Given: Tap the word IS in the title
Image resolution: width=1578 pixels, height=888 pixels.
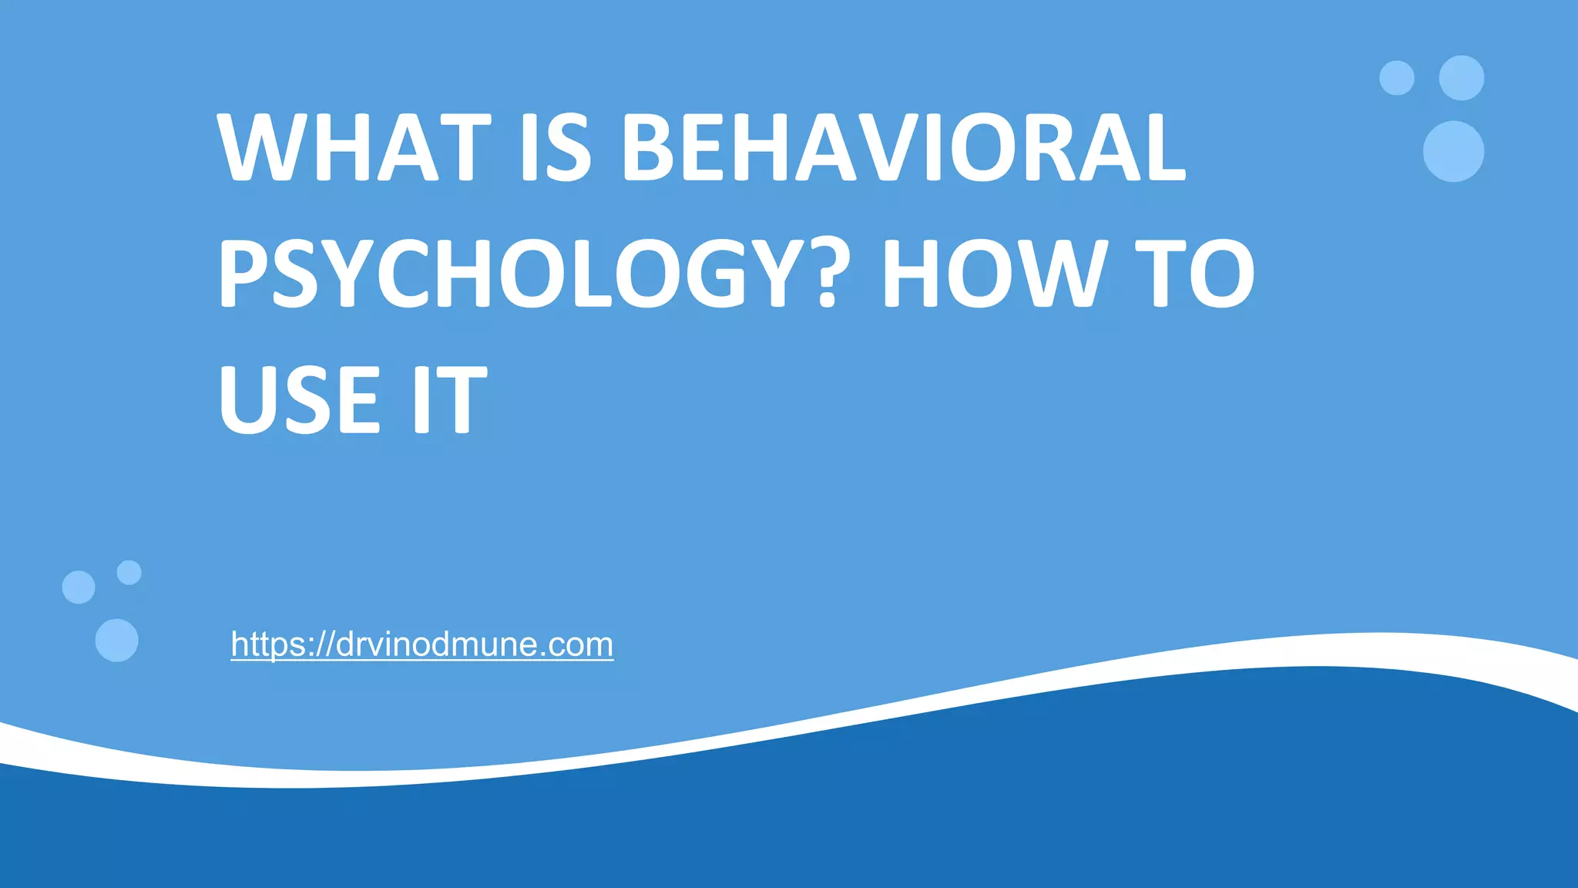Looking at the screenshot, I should click(556, 147).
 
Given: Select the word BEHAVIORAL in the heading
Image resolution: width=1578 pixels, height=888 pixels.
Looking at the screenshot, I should click(903, 147).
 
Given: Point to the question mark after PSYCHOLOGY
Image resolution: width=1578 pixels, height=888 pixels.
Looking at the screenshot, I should click(827, 274).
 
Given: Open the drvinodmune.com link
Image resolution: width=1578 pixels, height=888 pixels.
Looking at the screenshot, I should click(422, 644).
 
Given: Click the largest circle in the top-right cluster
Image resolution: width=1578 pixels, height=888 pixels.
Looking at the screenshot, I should click(1453, 151).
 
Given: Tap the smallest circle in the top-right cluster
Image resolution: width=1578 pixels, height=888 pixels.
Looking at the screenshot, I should click(1396, 78).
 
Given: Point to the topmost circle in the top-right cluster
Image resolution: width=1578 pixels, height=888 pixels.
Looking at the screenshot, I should click(1462, 78).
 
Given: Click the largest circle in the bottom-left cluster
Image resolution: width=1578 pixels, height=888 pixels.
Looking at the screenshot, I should click(116, 640).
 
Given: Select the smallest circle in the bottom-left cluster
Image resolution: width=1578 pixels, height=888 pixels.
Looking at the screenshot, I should click(129, 573).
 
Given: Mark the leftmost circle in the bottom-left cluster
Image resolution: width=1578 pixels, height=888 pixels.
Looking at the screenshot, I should click(78, 587).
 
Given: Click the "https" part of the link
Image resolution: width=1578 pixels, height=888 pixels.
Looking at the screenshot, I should click(265, 644).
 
